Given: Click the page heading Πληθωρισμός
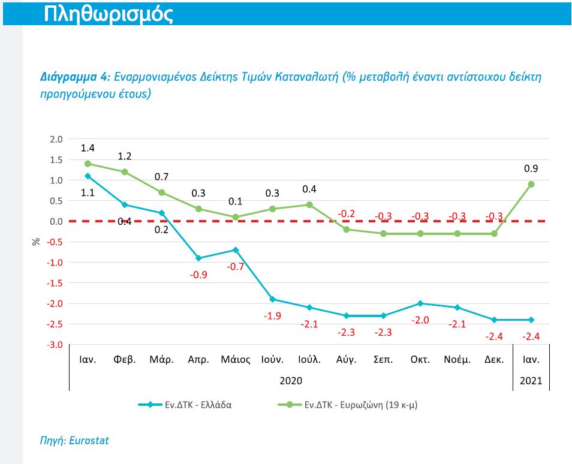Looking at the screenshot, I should [109, 14].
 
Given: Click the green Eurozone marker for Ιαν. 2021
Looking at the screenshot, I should [531, 184].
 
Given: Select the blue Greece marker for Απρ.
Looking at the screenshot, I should [198, 258].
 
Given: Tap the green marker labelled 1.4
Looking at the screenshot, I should [88, 164].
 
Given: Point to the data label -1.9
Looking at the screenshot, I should [272, 315].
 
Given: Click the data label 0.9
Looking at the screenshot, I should [531, 169].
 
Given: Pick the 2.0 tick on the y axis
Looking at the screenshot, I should [56, 139].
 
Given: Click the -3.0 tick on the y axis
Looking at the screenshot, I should [55, 345].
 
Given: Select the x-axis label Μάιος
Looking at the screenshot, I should [236, 360].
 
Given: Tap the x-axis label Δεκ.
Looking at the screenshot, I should [494, 360].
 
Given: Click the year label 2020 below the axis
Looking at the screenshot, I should [291, 381].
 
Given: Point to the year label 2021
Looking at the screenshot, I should [531, 381].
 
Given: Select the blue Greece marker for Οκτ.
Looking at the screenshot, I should [420, 303].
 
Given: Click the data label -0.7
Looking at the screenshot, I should [236, 266].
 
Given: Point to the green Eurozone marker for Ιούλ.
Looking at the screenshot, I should [309, 204].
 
